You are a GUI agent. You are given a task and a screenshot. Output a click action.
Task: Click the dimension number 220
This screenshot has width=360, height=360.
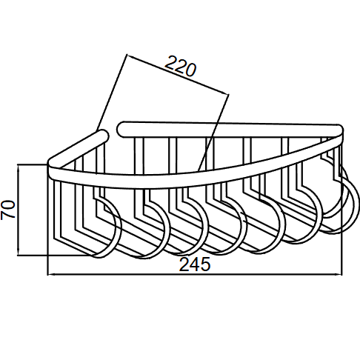coord(181,66)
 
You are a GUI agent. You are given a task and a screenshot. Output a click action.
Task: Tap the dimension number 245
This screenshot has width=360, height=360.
coord(195,264)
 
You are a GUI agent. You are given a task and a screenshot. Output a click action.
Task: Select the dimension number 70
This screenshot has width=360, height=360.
coord(8,210)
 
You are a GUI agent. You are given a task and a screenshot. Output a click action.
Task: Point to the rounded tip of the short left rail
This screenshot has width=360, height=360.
coord(104,135)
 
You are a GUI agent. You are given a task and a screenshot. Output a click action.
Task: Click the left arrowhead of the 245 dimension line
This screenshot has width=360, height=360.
coord(50,274)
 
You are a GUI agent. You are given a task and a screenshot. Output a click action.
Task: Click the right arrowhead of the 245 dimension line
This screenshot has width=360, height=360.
coord(340,274)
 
